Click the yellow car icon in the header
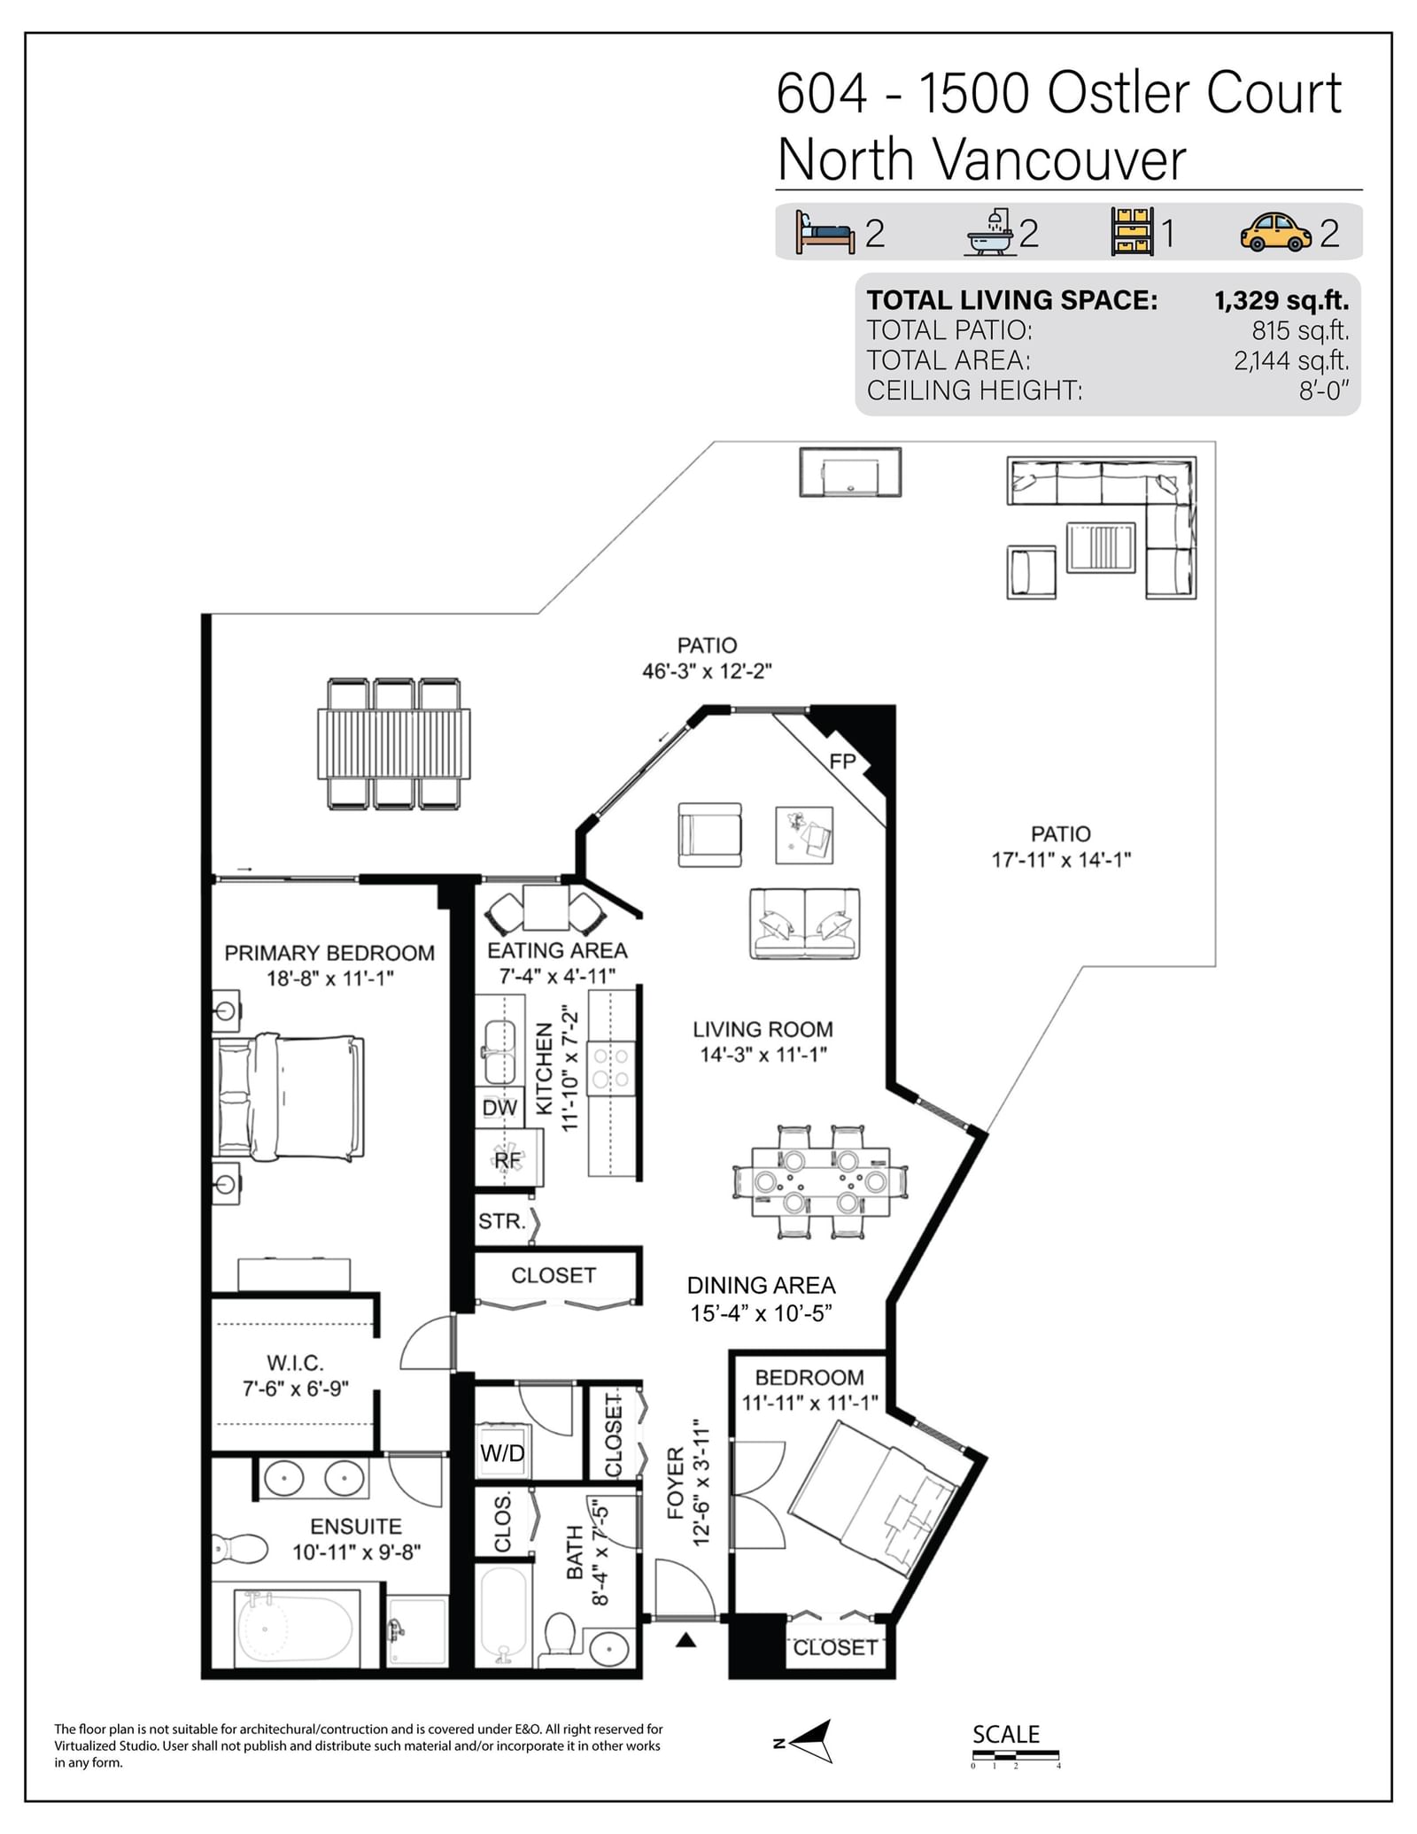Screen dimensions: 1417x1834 (x=1275, y=232)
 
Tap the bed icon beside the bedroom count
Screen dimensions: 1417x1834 (x=825, y=232)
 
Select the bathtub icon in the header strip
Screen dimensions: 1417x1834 (x=991, y=233)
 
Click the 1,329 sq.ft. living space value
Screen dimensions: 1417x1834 (x=1281, y=300)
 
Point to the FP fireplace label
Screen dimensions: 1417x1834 (x=842, y=761)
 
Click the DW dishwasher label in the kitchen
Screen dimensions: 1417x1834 (x=499, y=1108)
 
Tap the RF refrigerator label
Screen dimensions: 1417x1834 (x=507, y=1159)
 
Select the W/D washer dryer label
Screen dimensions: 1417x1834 (x=502, y=1453)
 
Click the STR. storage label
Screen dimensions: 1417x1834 (x=502, y=1221)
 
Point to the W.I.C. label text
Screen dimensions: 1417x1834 (x=295, y=1363)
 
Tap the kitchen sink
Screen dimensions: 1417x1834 (x=499, y=1051)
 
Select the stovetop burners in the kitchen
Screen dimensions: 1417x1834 (x=611, y=1067)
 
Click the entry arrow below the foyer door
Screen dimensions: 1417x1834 (x=685, y=1640)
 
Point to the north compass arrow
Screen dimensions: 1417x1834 (x=810, y=1740)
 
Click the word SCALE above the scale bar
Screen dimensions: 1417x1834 (x=1006, y=1734)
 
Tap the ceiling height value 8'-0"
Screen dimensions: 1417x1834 (x=1324, y=391)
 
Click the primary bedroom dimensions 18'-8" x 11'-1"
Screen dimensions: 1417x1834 (x=330, y=979)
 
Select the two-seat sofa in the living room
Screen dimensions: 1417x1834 (x=804, y=924)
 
